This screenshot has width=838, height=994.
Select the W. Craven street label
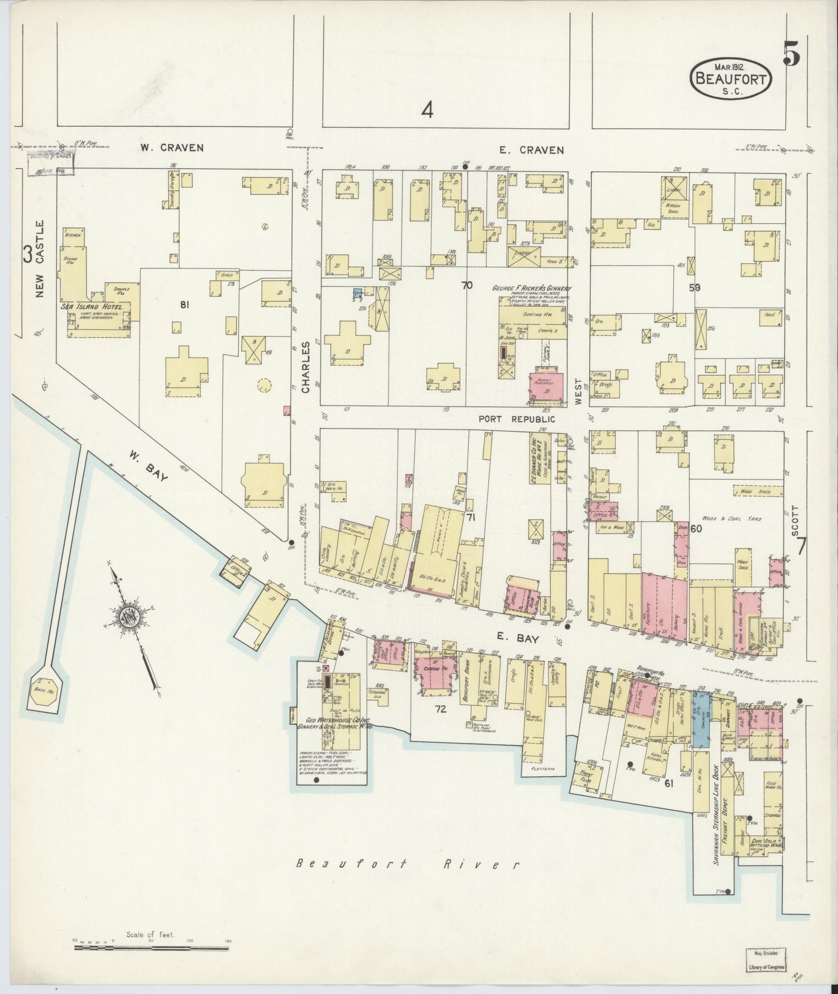click(172, 148)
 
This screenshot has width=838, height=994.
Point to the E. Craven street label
click(532, 150)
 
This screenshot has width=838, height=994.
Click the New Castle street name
click(39, 259)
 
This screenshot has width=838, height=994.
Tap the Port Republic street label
click(516, 419)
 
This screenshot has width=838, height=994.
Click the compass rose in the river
click(127, 616)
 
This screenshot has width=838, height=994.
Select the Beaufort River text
click(405, 864)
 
